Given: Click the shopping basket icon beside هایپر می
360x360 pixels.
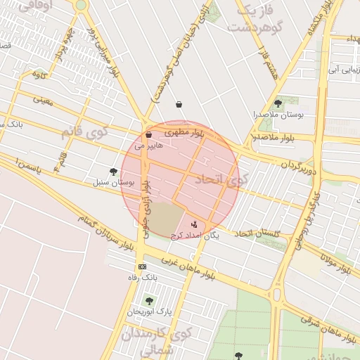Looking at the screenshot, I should pyautogui.click(x=148, y=135).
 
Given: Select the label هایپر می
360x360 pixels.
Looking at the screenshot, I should pyautogui.click(x=148, y=145).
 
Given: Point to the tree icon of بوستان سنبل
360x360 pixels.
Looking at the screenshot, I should pyautogui.click(x=114, y=172).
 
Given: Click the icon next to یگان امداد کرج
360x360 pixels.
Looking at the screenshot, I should pyautogui.click(x=194, y=224).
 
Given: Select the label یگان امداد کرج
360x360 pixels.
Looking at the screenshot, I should pyautogui.click(x=195, y=236).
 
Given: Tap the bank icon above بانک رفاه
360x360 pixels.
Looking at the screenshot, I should pyautogui.click(x=143, y=266).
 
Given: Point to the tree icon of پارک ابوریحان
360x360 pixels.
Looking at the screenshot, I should pyautogui.click(x=148, y=300).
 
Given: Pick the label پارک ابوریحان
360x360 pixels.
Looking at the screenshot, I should pyautogui.click(x=149, y=311).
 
